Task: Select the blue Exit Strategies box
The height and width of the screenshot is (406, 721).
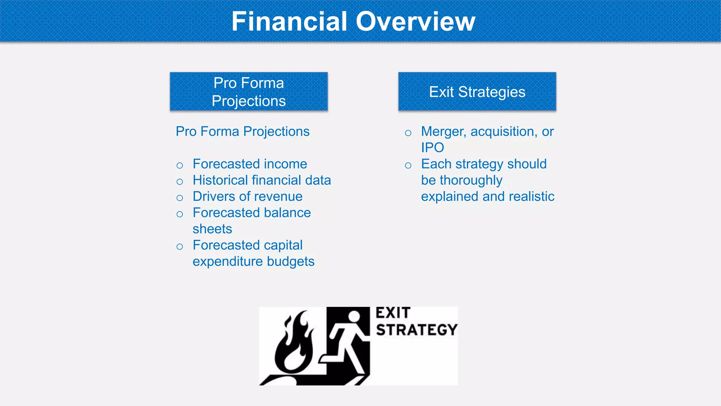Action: click(477, 92)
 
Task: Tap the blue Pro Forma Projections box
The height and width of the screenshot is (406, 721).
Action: click(249, 92)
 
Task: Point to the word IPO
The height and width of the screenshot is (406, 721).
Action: click(432, 148)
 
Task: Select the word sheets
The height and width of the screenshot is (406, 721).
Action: click(212, 229)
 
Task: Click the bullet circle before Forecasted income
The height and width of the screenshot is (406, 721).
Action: click(180, 165)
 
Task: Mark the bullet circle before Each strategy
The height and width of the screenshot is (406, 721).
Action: click(408, 165)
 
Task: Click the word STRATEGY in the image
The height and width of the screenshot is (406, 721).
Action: click(416, 330)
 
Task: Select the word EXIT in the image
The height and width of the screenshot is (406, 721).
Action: click(393, 313)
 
